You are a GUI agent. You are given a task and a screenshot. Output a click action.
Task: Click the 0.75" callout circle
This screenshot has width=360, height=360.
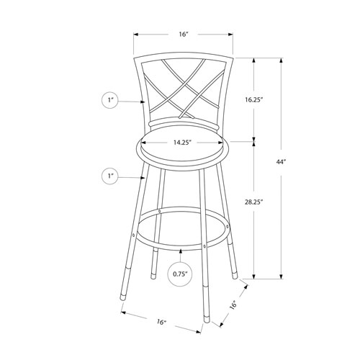point(180,274)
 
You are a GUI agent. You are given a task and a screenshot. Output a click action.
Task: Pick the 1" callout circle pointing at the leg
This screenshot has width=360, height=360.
point(111,176)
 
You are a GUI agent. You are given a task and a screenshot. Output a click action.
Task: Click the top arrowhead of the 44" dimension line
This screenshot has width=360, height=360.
point(280,58)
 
